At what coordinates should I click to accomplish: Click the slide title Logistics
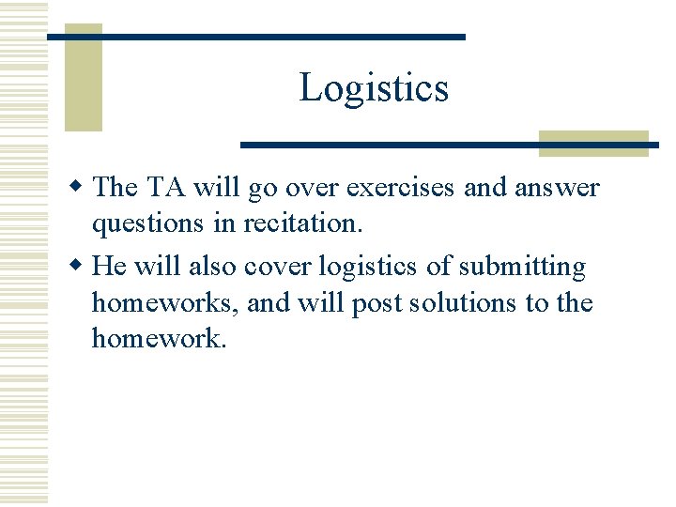point(374,87)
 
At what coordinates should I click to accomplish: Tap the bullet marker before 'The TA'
point(80,187)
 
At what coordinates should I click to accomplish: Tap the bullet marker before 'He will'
point(80,267)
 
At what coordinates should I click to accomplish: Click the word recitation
point(309,223)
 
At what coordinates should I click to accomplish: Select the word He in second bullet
point(110,267)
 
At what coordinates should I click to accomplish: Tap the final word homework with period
point(160,338)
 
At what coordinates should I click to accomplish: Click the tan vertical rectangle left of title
point(83,77)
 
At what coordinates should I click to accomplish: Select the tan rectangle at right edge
point(593,143)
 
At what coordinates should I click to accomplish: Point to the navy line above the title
point(256,37)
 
